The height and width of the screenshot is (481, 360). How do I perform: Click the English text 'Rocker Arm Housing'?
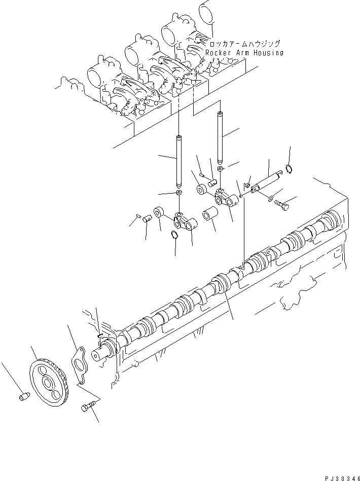point(244,53)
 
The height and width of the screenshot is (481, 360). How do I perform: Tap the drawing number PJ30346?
point(340,476)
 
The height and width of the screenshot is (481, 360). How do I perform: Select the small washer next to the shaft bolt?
point(270,198)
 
